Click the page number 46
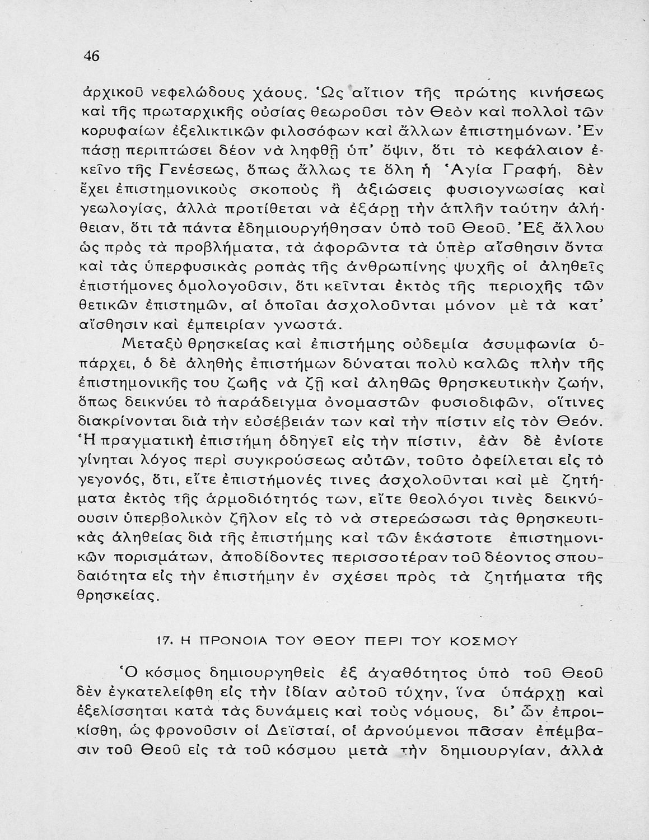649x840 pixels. tap(91, 56)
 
